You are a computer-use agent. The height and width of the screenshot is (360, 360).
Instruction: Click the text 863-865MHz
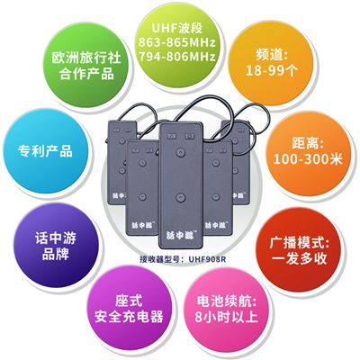[x=177, y=42]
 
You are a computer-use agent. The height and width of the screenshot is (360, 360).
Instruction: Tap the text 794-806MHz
[x=177, y=57]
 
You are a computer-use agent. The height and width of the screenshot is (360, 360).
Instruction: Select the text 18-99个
[x=272, y=70]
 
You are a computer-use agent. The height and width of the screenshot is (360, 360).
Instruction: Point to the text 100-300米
[x=308, y=158]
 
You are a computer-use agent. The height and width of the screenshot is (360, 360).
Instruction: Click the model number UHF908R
[x=207, y=259]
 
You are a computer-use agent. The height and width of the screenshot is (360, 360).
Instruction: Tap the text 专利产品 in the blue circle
[x=45, y=151]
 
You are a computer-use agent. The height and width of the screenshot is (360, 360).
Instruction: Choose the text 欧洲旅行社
[x=86, y=58]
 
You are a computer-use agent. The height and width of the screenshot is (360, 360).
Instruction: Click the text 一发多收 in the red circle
[x=299, y=258]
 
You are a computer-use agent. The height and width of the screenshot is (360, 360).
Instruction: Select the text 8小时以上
[x=226, y=317]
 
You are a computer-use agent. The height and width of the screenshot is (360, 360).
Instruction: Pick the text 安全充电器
[x=129, y=317]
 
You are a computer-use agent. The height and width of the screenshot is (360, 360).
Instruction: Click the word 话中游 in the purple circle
[x=56, y=238]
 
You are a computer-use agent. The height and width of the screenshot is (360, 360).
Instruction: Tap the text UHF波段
[x=177, y=28]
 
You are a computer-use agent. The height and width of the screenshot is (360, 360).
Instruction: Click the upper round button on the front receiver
[x=180, y=152]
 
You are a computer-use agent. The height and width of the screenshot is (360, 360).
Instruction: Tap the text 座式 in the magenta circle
[x=129, y=301]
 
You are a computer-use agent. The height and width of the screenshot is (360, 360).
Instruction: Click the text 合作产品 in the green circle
[x=86, y=74]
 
